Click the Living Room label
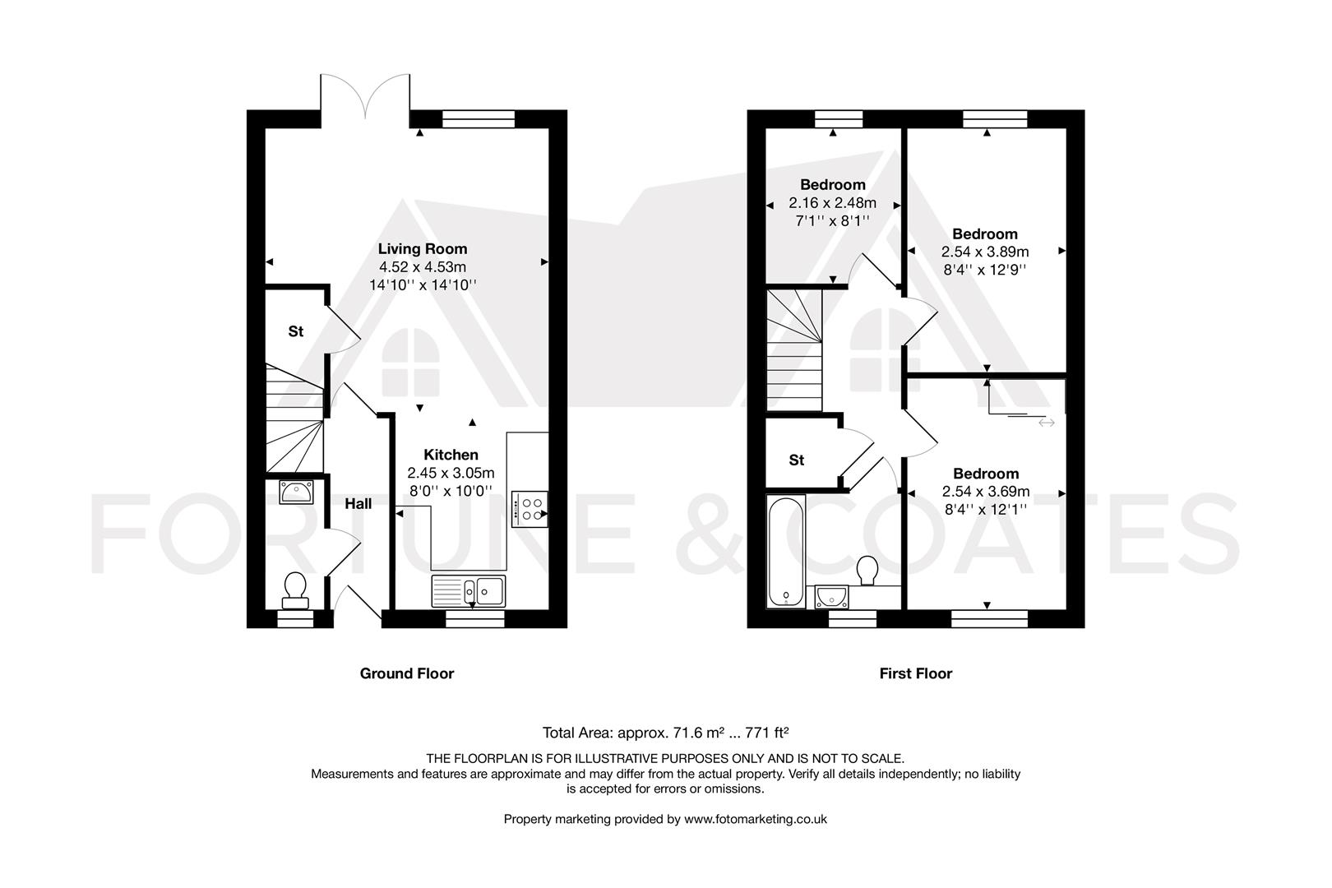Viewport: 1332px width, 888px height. pyautogui.click(x=423, y=248)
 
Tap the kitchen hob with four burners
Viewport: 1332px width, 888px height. pyautogui.click(x=530, y=508)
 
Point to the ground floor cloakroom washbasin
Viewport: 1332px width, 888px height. pyautogui.click(x=294, y=493)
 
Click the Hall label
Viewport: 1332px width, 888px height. pyautogui.click(x=358, y=504)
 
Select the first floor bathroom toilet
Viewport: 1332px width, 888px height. pyautogui.click(x=867, y=571)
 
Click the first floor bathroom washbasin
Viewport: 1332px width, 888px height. pyautogui.click(x=831, y=596)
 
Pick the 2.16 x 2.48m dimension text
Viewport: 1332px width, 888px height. pyautogui.click(x=832, y=203)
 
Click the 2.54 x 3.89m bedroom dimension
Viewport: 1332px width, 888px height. pyautogui.click(x=985, y=252)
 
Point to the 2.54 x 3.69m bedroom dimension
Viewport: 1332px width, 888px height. pyautogui.click(x=985, y=492)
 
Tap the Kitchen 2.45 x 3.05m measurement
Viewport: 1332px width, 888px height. pyautogui.click(x=451, y=473)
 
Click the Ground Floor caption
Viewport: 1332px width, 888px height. pyautogui.click(x=406, y=673)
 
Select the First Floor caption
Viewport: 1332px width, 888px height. pyautogui.click(x=915, y=673)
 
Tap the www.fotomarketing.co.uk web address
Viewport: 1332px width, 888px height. pyautogui.click(x=755, y=819)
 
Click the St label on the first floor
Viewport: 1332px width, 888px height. pyautogui.click(x=796, y=460)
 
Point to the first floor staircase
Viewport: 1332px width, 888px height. pyautogui.click(x=794, y=349)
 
